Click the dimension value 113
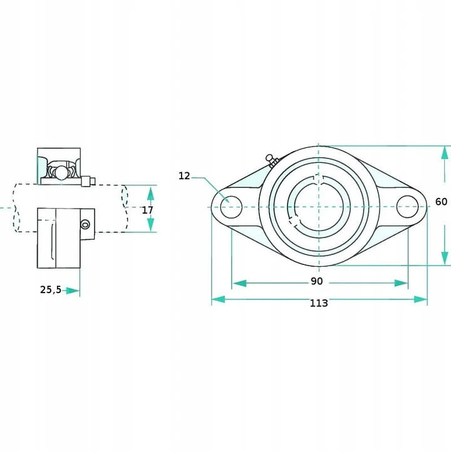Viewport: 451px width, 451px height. [319, 303]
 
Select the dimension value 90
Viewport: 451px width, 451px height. [317, 281]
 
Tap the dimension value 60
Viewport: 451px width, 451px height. [441, 202]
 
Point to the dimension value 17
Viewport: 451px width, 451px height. [147, 210]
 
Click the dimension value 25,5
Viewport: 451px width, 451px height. [51, 289]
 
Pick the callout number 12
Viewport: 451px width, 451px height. [184, 176]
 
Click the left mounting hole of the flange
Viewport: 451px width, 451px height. [231, 207]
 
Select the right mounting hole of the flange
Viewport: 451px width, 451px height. [407, 207]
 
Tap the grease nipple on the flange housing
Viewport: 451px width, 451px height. [272, 161]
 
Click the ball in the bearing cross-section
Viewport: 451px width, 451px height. [61, 173]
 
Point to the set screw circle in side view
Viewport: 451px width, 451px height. [85, 224]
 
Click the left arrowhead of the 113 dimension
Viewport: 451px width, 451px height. [219, 299]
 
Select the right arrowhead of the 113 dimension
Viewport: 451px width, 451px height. [420, 299]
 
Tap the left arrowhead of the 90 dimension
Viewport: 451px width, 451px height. [239, 283]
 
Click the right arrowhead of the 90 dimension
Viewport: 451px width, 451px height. [402, 283]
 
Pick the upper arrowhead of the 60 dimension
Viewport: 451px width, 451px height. [445, 153]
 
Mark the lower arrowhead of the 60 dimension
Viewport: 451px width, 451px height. [445, 257]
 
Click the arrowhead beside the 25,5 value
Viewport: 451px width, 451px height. [73, 291]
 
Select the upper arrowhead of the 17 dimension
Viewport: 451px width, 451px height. [150, 193]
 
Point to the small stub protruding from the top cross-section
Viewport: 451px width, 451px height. [88, 181]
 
